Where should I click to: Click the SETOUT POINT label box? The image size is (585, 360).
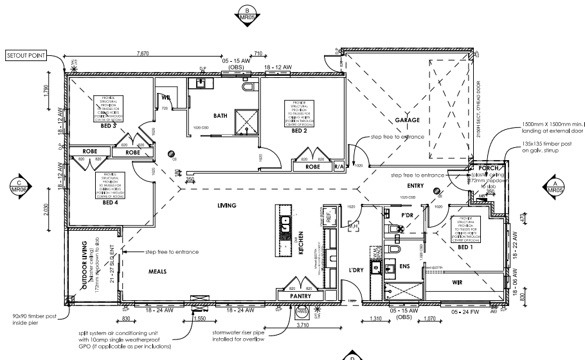coord(26,56)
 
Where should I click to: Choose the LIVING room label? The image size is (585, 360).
coord(228,206)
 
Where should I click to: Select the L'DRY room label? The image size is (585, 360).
coord(356,271)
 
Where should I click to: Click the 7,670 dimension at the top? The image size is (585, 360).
coord(145,53)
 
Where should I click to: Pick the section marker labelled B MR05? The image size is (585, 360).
coord(248,14)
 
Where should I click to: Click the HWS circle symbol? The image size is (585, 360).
coord(302,312)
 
